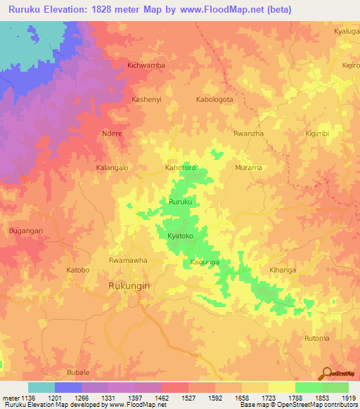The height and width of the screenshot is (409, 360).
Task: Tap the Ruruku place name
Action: click(x=180, y=202)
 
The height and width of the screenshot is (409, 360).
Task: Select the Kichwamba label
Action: click(x=146, y=65)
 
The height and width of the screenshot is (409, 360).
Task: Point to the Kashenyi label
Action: click(x=147, y=100)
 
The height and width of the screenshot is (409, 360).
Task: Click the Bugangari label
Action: click(x=25, y=231)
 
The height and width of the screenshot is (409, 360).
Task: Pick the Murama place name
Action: click(x=247, y=168)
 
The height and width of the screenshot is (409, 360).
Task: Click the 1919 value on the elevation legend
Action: click(x=347, y=398)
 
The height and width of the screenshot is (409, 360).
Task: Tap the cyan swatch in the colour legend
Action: click(x=41, y=387)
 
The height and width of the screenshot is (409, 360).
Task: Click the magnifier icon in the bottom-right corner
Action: click(x=326, y=373)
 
